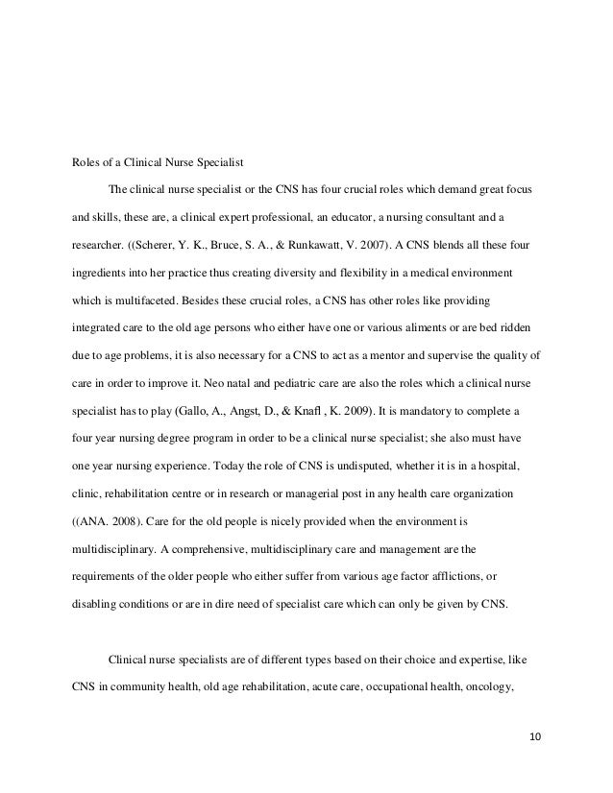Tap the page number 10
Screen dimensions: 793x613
click(x=535, y=736)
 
